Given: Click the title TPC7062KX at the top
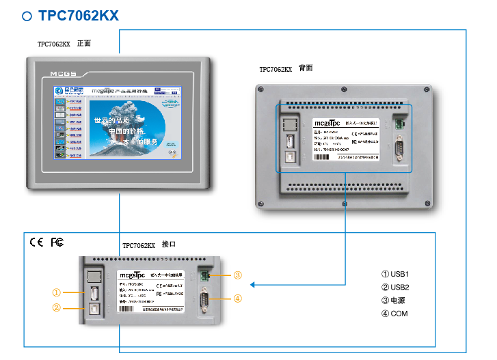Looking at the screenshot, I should tap(79, 16).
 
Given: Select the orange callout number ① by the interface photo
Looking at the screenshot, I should tap(57, 292).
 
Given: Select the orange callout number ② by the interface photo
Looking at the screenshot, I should tap(57, 307).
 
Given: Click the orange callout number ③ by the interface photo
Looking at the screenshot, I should tap(237, 275).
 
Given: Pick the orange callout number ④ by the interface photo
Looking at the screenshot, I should tap(237, 298).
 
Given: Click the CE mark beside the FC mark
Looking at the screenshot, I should tap(36, 243).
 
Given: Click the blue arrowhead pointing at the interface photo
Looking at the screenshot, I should tap(252, 285).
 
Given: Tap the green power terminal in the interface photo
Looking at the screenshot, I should tap(203, 275).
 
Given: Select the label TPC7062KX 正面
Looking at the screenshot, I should tap(64, 44).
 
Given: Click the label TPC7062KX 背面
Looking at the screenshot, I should tap(286, 69).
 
